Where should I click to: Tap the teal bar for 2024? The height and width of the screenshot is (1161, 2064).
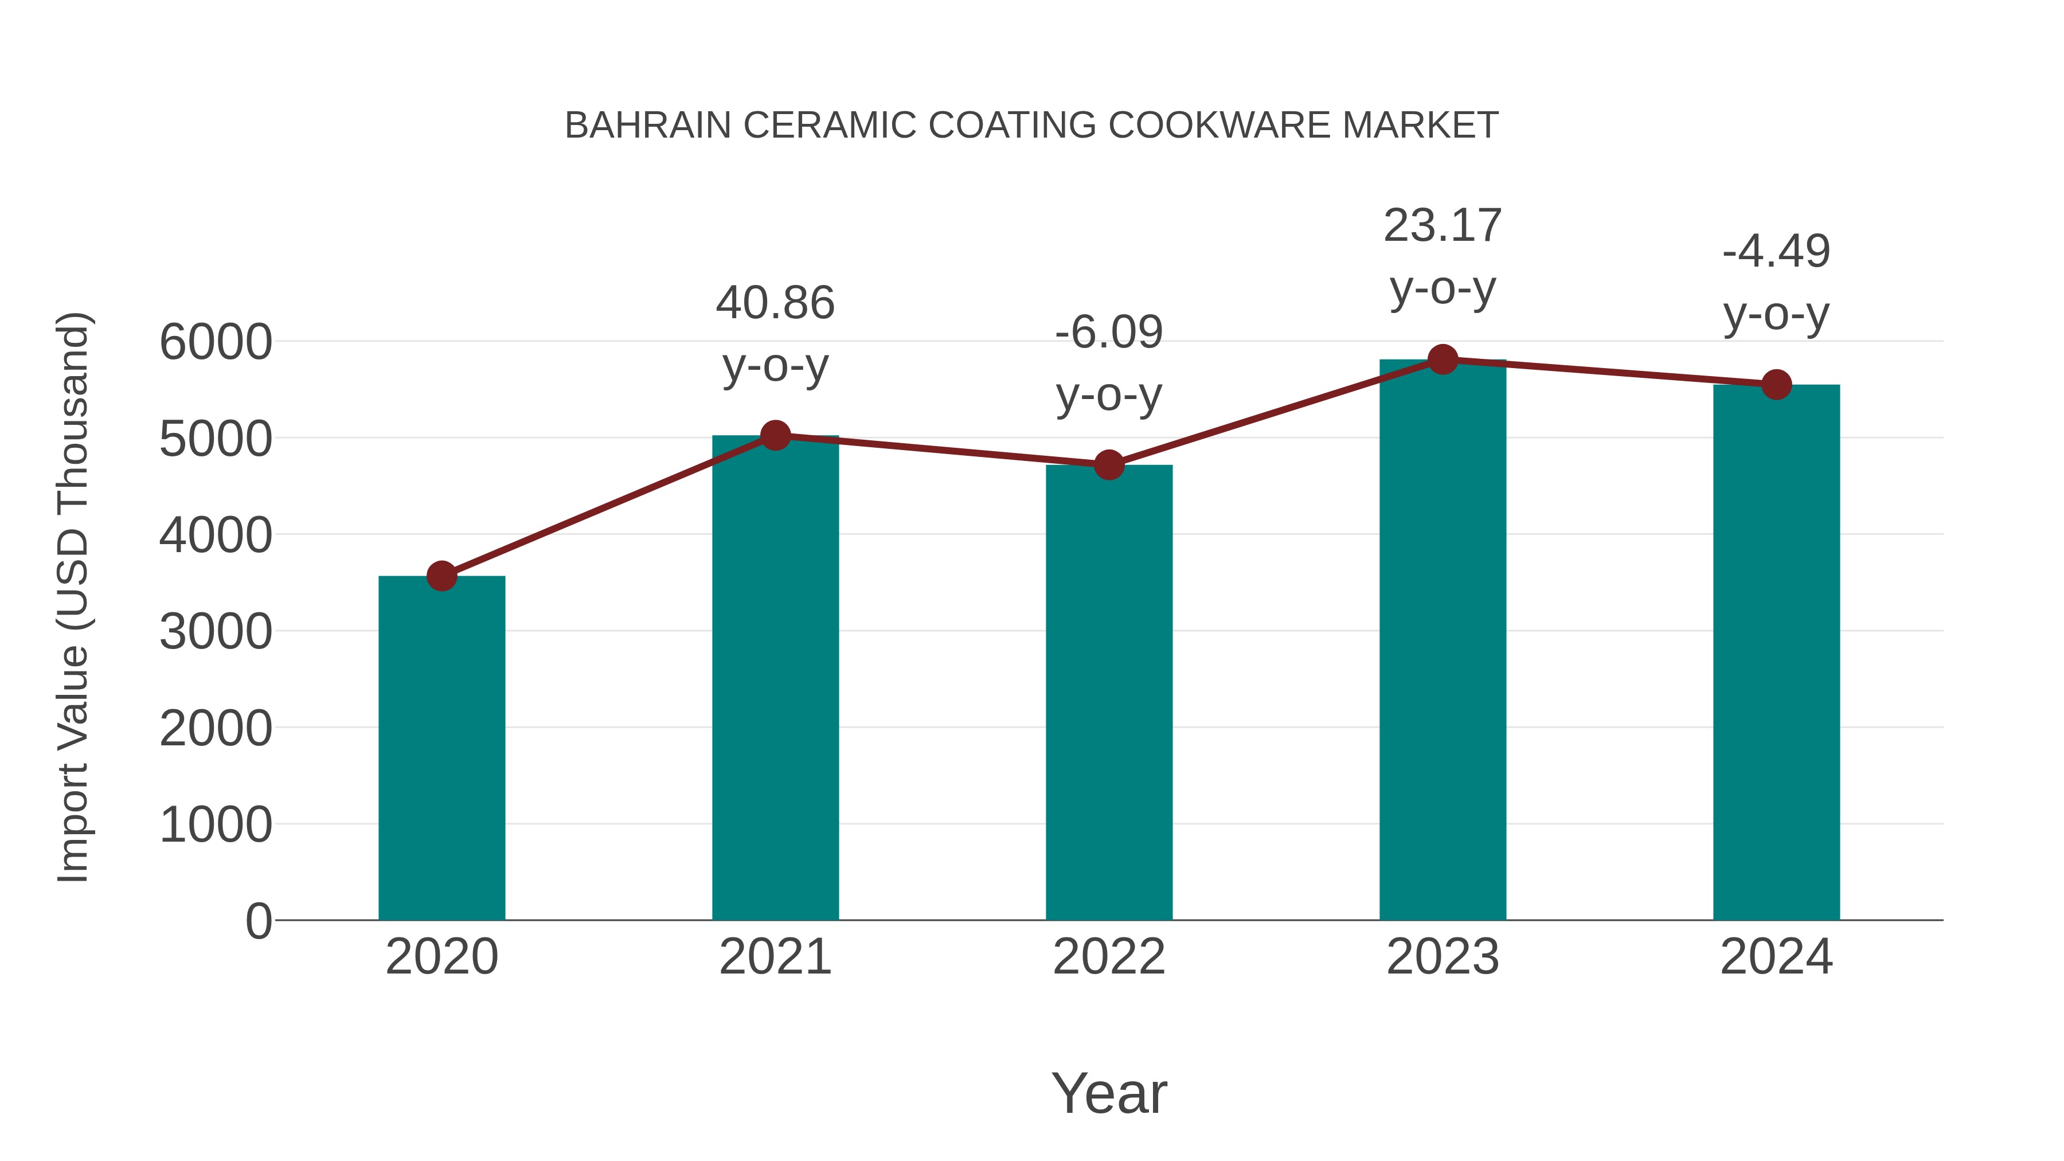click(1776, 652)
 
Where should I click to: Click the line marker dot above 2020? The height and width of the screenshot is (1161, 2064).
click(441, 576)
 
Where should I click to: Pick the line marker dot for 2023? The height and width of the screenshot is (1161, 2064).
click(1443, 359)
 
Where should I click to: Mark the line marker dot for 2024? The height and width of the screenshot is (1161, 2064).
click(1776, 385)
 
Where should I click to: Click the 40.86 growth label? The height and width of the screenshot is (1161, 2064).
click(775, 304)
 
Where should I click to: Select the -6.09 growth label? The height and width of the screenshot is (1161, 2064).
click(1109, 333)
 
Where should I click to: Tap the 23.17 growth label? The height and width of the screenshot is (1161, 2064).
click(1443, 226)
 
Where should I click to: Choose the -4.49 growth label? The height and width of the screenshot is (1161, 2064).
click(1776, 252)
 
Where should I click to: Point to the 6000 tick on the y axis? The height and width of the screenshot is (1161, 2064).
click(216, 342)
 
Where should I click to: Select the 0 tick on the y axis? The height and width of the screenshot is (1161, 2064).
click(258, 921)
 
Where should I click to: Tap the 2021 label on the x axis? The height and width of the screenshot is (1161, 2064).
click(775, 957)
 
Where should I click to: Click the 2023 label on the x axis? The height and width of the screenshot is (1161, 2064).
click(1443, 957)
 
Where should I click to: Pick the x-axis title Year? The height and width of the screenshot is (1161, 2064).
click(1109, 1093)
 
